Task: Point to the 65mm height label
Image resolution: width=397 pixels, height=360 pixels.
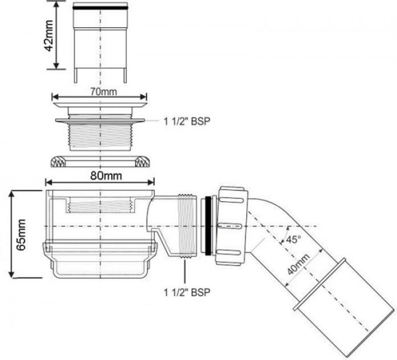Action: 21,234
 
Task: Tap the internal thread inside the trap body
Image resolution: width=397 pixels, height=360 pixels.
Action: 100,205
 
